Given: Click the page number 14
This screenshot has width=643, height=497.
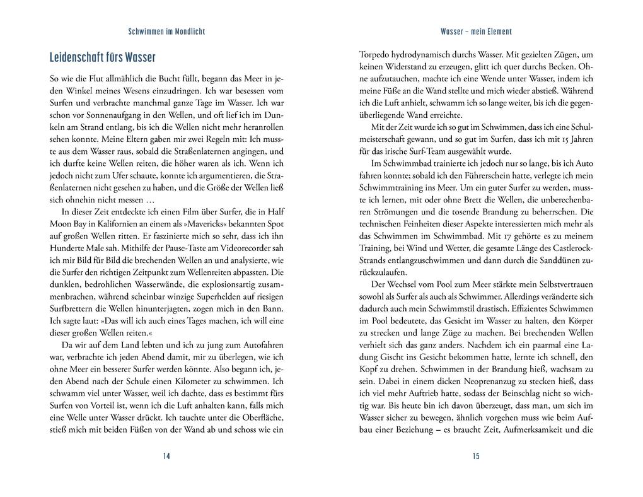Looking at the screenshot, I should pyautogui.click(x=166, y=456).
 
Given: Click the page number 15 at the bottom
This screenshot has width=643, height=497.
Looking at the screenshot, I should pyautogui.click(x=476, y=456).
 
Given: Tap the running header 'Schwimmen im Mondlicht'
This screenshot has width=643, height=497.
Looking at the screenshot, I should pyautogui.click(x=166, y=31).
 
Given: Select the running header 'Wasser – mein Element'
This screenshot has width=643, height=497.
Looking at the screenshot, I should pyautogui.click(x=476, y=31).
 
